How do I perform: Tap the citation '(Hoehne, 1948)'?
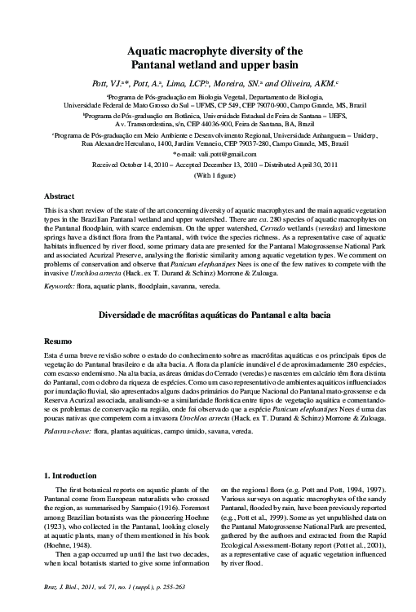click(x=69, y=539)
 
